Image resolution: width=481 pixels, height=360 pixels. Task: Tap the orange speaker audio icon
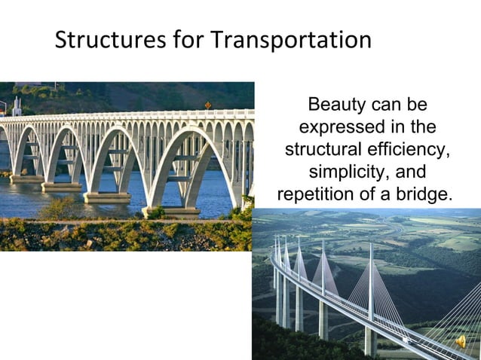459,341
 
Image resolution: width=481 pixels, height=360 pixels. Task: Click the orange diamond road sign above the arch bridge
208,105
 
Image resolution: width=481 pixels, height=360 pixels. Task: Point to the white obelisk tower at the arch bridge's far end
17,106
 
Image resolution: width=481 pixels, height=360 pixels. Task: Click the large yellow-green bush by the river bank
60,209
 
